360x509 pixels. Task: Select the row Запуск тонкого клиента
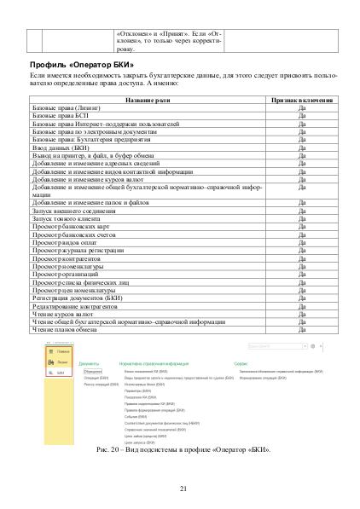[x=67, y=218]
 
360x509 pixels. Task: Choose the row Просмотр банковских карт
[x=71, y=226]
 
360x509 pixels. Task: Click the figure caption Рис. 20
[x=179, y=448]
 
